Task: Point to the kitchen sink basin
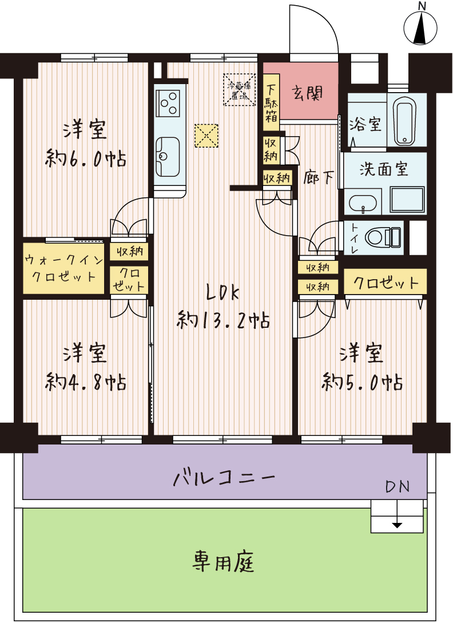click(x=168, y=157)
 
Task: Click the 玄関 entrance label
click(x=307, y=93)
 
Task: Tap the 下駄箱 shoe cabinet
click(x=272, y=103)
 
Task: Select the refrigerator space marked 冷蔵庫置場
click(x=239, y=90)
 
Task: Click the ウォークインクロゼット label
click(x=63, y=268)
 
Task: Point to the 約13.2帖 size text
click(x=223, y=319)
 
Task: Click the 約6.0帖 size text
click(x=85, y=158)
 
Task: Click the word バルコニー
click(x=224, y=477)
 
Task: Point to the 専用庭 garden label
click(x=223, y=562)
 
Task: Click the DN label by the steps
click(x=398, y=487)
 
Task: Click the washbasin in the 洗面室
click(x=363, y=204)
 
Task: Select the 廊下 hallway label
click(x=318, y=177)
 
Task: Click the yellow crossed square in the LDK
click(x=206, y=136)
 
